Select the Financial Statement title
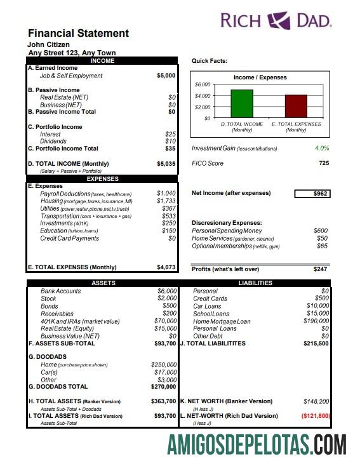[x=78, y=34]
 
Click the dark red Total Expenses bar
[x=295, y=106]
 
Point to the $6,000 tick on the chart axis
[x=203, y=84]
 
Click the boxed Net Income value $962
[x=312, y=194]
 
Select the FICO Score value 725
[x=323, y=164]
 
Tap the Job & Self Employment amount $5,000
[x=166, y=76]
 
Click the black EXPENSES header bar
[x=103, y=179]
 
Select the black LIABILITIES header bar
[x=255, y=283]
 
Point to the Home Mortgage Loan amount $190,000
[x=316, y=321]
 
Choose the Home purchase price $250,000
[x=163, y=364]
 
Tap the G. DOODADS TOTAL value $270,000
[x=163, y=386]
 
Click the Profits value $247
[x=320, y=269]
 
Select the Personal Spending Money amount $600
[x=320, y=231]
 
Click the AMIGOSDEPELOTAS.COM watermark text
[x=257, y=444]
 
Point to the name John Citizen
[x=48, y=45]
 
